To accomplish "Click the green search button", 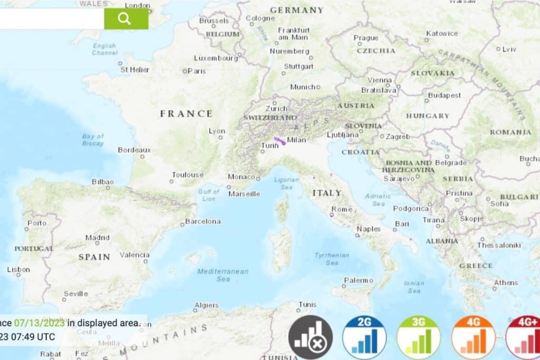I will point(126,19).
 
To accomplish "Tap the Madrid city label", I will point(98,238).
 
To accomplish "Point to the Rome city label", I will point(342,209).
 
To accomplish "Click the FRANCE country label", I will point(186,114).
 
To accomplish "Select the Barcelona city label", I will point(202,221).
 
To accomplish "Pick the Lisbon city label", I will point(18,269).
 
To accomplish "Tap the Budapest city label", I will point(445,96).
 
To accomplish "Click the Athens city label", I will point(506,283).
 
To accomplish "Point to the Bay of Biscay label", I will point(93,140).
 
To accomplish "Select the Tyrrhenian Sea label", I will point(332,259).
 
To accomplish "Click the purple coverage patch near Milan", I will point(279,141).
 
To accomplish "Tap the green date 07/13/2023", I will point(40,323).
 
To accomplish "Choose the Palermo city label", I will point(359,280).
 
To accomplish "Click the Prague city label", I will point(366,38).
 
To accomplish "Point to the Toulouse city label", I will point(187,175).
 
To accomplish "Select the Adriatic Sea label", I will point(378,200).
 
